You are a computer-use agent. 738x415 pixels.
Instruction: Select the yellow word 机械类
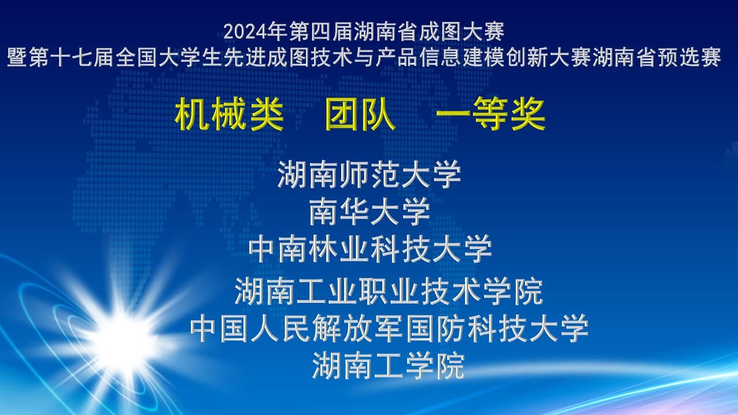coord(229,114)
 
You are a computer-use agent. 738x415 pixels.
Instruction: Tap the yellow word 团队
coord(360,114)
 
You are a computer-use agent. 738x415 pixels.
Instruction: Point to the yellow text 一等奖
coord(490,114)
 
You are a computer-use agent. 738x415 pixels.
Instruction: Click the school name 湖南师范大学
coord(369,174)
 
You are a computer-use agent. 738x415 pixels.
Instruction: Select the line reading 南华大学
coord(370,211)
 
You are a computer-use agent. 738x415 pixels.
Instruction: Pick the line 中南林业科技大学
coord(370,249)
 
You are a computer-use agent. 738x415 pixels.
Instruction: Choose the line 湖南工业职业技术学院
coord(389,291)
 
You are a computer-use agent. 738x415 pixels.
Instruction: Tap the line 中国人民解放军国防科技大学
coord(389,328)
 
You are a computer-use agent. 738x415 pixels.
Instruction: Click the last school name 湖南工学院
coord(389,365)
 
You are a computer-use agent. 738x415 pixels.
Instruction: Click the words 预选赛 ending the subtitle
coord(689,57)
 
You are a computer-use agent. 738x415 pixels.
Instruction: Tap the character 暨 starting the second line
coord(17,57)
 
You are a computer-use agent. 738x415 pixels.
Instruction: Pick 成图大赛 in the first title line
coord(462,32)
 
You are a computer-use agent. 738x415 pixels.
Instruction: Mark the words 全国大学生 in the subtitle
coord(168,57)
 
